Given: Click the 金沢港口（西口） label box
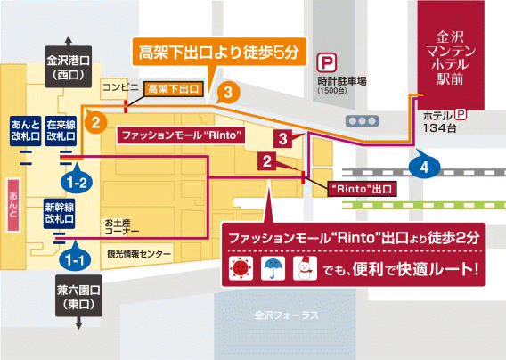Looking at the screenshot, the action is (68, 67).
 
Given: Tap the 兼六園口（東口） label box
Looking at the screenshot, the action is (78, 296).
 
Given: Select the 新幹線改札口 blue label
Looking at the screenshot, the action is (60, 214).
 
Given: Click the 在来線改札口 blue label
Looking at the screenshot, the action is (61, 131).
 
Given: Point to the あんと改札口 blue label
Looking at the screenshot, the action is (25, 131).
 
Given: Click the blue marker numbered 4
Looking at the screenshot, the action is (424, 166).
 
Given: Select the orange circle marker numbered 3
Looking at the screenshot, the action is (228, 93).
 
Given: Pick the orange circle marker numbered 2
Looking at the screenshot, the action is (95, 122).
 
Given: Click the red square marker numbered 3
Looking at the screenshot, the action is (283, 139).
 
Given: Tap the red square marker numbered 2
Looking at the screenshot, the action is (267, 160).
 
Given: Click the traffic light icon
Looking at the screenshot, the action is (362, 121).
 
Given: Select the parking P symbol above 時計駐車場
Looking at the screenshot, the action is (327, 62).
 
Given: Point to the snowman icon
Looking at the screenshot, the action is (305, 268).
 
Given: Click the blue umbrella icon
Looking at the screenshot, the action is (273, 268).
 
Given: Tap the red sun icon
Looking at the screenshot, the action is (241, 268).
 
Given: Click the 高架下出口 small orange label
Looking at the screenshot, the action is (174, 89).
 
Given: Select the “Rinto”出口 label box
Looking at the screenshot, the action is (362, 189).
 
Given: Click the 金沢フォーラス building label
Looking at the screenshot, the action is (287, 315).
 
